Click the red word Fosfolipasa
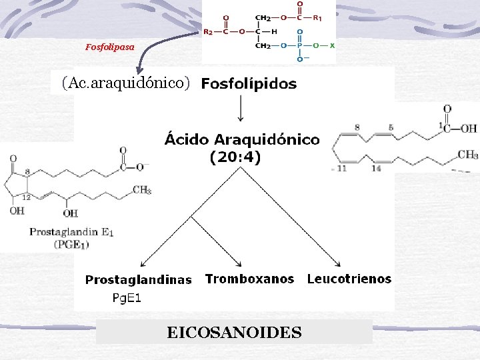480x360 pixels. coord(110,47)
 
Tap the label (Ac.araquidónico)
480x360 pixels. coord(126,83)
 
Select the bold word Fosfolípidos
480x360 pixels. coord(249,84)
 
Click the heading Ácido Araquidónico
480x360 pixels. coord(242,140)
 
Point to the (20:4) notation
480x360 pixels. coord(235,158)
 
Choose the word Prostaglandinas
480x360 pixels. coord(138,280)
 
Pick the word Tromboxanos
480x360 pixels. coord(249,279)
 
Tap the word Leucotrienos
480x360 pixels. coord(349,279)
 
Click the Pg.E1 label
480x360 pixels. coord(125,298)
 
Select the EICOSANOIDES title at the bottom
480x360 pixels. coord(234,332)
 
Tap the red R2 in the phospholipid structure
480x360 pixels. coord(208,31)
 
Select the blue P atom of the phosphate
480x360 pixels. coord(299,45)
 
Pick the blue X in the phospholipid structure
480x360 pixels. coord(332,45)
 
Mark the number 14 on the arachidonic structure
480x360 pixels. coord(376,169)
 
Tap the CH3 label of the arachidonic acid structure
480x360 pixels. coord(467,155)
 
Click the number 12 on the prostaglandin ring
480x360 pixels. coord(27,197)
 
